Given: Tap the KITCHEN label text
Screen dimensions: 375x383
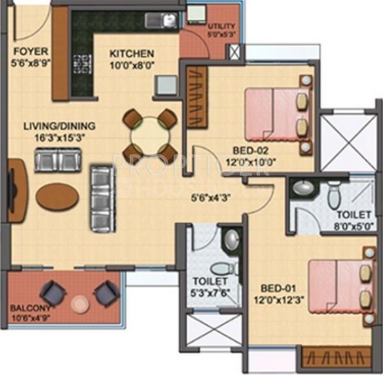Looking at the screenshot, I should (x=131, y=54).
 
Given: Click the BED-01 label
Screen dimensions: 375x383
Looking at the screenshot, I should (x=277, y=288).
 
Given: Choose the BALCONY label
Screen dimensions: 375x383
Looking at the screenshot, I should (x=25, y=308).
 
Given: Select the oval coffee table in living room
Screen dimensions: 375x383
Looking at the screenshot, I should (x=57, y=197).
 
